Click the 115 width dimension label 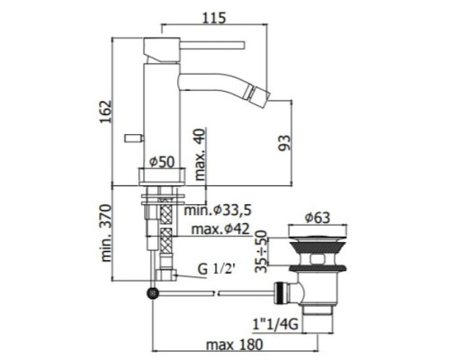pyautogui.click(x=214, y=18)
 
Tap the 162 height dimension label pyautogui.click(x=105, y=112)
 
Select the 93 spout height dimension pyautogui.click(x=285, y=143)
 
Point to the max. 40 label pyautogui.click(x=200, y=154)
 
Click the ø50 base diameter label pyautogui.click(x=162, y=162)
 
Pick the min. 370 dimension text pyautogui.click(x=106, y=233)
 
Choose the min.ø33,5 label pyautogui.click(x=218, y=210)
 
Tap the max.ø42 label pyautogui.click(x=220, y=229)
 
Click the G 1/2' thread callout pyautogui.click(x=216, y=269)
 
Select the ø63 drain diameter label pyautogui.click(x=318, y=218)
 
